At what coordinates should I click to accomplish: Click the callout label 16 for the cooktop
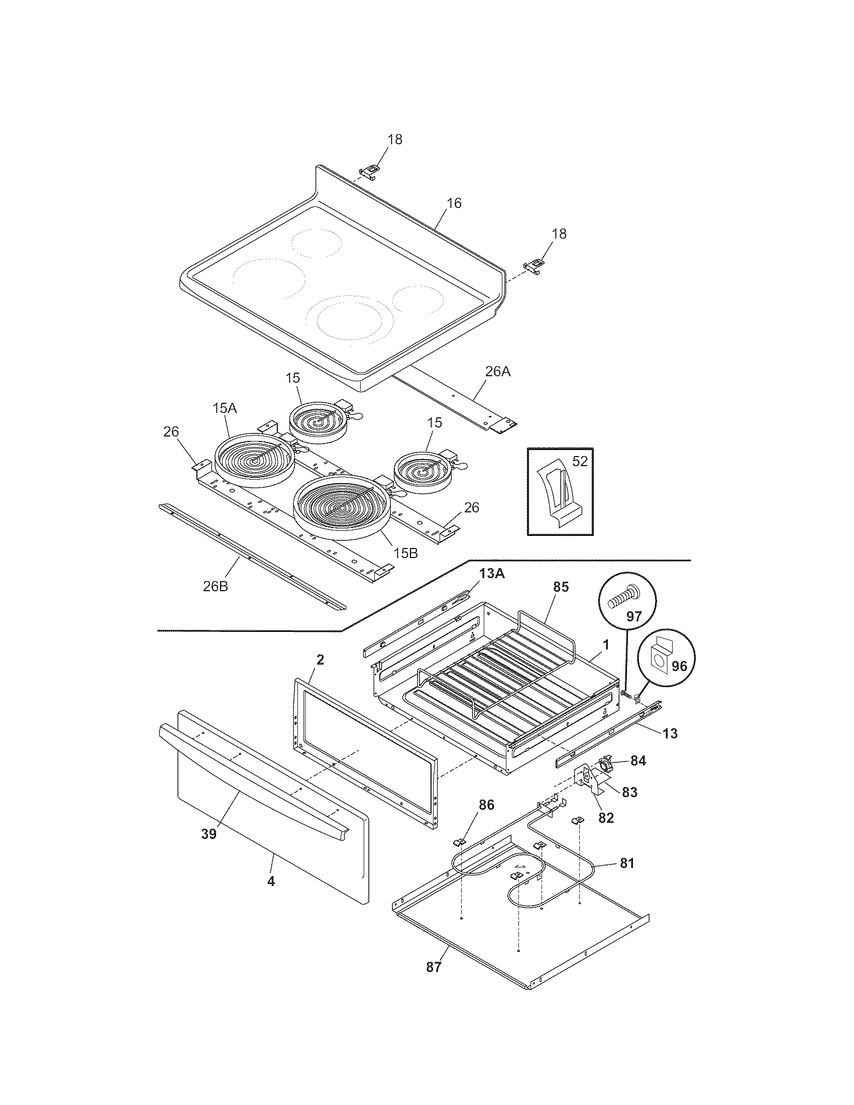(454, 203)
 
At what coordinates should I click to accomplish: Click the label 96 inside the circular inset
(679, 667)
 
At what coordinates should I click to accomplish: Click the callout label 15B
(406, 553)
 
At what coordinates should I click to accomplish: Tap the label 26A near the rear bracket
(498, 371)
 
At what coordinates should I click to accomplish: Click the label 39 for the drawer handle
(208, 834)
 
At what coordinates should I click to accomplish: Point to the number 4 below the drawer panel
(271, 881)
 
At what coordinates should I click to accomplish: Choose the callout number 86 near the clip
(486, 805)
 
